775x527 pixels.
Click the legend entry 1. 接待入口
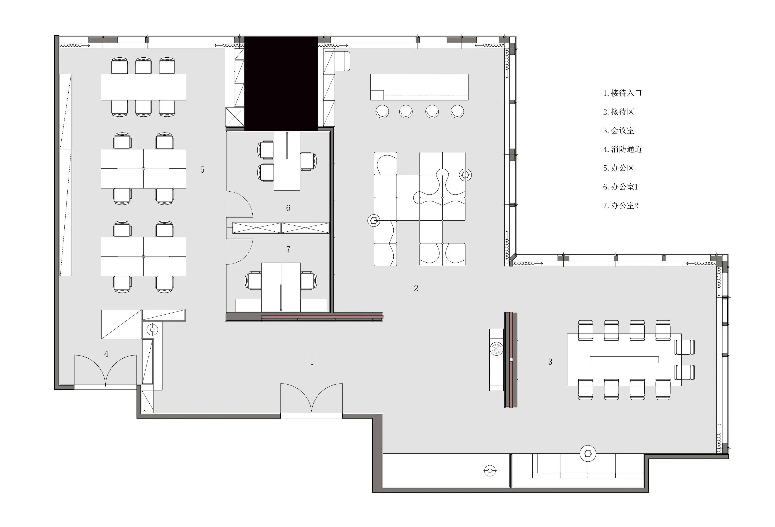622,93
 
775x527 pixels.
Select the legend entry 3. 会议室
619,130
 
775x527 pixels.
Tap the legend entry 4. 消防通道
622,149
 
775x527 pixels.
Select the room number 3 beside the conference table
550,362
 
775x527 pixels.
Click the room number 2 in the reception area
416,288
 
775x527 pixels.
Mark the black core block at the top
281,83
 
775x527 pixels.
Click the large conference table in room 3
624,360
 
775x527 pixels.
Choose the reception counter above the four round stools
420,87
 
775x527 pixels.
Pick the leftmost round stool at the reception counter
382,112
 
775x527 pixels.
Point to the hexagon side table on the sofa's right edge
465,175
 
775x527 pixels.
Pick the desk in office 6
287,161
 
